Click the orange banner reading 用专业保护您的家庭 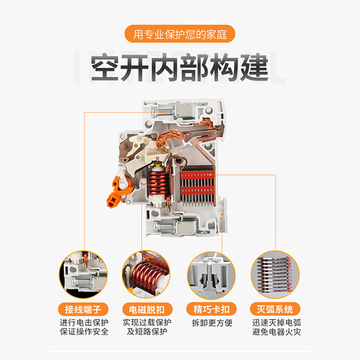(180, 32)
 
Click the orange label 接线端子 (84, 308)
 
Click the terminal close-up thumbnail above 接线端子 (84, 275)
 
